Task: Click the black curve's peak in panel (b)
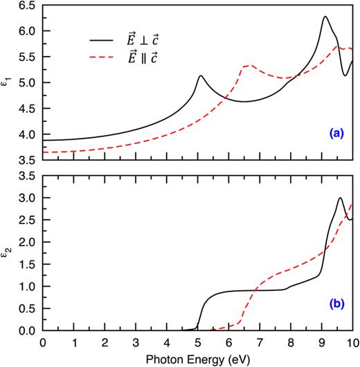[x=340, y=198]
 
